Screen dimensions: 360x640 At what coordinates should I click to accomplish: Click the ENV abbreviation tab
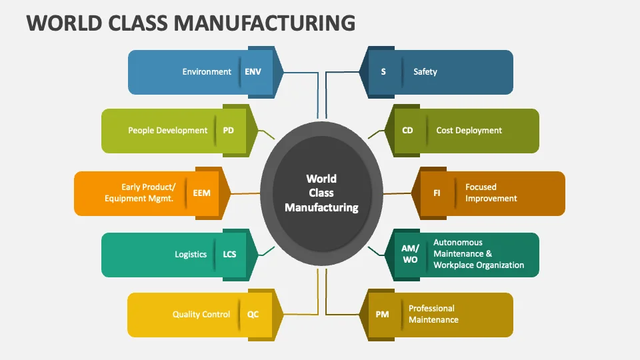tap(253, 72)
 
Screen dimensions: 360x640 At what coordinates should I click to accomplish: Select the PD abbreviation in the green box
tap(229, 131)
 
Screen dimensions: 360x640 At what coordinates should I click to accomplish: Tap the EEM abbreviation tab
tap(201, 193)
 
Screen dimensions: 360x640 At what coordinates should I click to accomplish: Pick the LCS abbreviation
tap(229, 255)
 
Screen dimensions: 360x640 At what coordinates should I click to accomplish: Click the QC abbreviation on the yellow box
tap(253, 315)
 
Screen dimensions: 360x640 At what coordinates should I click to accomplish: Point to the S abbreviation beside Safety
tap(383, 72)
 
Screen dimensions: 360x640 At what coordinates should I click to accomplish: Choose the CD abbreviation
tap(408, 131)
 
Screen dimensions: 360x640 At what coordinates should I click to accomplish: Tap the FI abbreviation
tap(437, 193)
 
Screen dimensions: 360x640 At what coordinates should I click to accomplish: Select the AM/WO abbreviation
tap(409, 254)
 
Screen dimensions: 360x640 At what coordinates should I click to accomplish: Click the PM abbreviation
tap(382, 315)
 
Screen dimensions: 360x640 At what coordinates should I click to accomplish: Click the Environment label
tap(207, 72)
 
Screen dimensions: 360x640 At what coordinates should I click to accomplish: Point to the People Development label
tap(168, 131)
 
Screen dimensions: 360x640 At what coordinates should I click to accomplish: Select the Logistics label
tap(191, 255)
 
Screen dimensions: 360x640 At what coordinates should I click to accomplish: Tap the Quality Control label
tap(201, 315)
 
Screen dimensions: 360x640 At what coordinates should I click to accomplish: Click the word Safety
tap(425, 72)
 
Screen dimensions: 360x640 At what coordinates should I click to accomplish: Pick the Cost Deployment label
tap(469, 131)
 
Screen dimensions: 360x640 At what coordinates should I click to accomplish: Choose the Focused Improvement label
tap(491, 193)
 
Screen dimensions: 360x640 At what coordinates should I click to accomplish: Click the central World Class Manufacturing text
tap(321, 193)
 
